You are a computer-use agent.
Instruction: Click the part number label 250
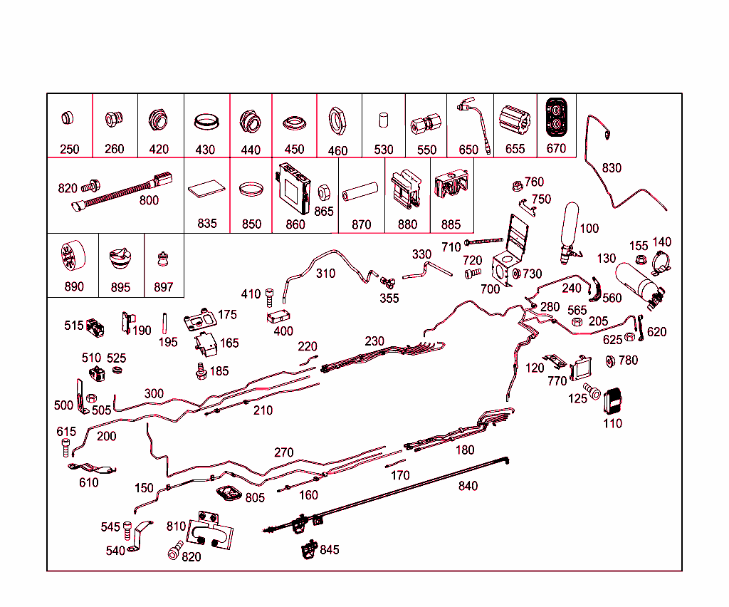click(x=69, y=150)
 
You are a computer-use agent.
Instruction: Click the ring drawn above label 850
click(x=251, y=190)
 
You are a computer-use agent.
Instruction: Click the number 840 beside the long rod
click(x=468, y=487)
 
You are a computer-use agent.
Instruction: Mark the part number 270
click(x=283, y=452)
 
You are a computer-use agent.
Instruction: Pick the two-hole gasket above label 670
click(x=555, y=117)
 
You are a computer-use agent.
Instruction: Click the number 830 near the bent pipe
click(x=612, y=168)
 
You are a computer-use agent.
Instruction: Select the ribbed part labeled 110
click(x=613, y=401)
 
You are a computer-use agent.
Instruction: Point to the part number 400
click(x=283, y=331)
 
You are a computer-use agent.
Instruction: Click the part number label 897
click(x=163, y=287)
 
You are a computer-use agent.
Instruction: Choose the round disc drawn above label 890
click(x=70, y=257)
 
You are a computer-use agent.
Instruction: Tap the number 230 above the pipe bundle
click(x=374, y=341)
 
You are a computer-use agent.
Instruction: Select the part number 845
click(x=330, y=550)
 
